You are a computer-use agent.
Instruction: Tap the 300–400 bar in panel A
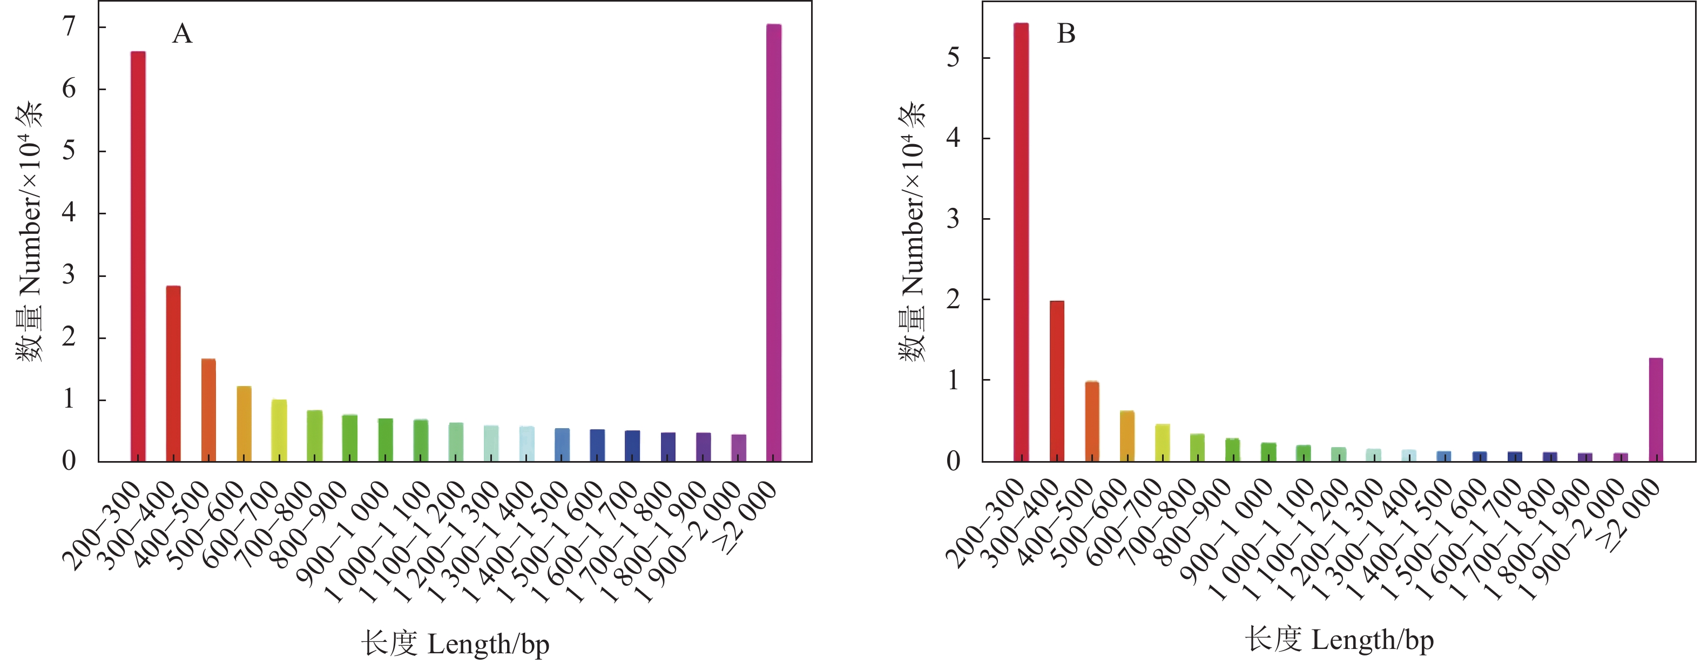pyautogui.click(x=173, y=373)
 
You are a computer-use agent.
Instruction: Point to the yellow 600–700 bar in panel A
pyautogui.click(x=279, y=430)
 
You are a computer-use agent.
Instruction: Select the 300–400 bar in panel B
pyautogui.click(x=1057, y=381)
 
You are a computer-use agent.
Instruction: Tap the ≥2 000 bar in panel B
pyautogui.click(x=1656, y=409)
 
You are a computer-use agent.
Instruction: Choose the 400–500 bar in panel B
pyautogui.click(x=1092, y=421)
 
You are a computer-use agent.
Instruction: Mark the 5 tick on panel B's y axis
pyautogui.click(x=953, y=58)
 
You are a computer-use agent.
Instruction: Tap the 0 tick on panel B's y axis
pyautogui.click(x=953, y=461)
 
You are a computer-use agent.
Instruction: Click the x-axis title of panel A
pyautogui.click(x=455, y=643)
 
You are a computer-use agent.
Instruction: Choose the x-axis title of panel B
pyautogui.click(x=1339, y=639)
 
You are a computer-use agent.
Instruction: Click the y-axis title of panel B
pyautogui.click(x=913, y=231)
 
